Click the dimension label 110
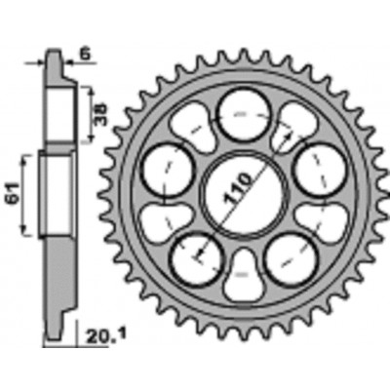237,190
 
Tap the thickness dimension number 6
84,55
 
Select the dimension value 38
100,115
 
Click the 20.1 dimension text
105,334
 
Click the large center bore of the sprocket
245,194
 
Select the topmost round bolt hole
245,115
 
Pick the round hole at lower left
198,259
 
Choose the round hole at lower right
292,260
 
